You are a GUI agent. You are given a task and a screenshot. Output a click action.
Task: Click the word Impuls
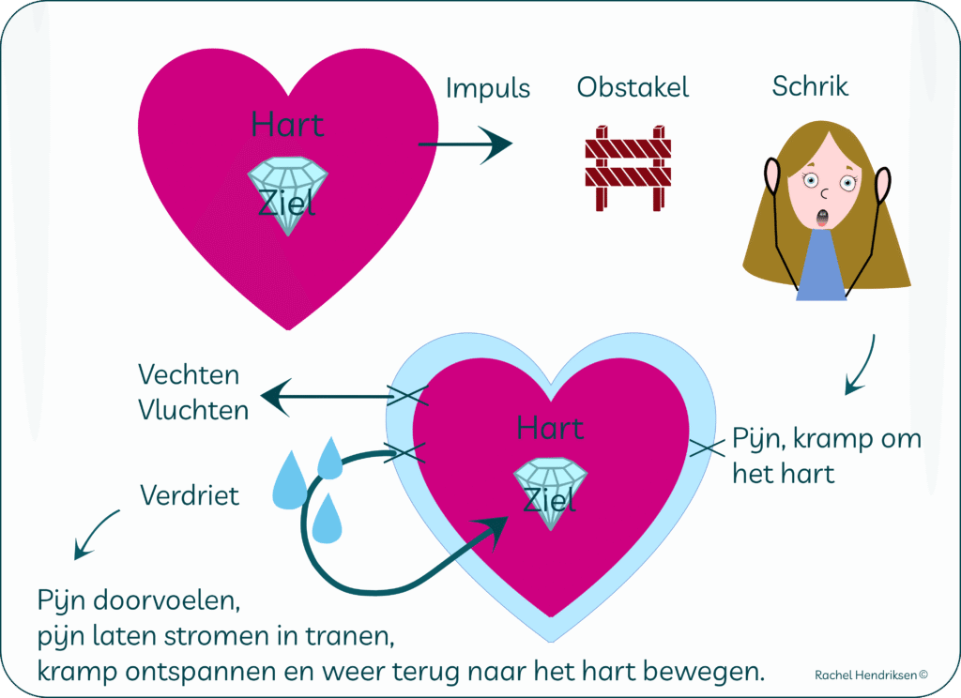click(x=487, y=89)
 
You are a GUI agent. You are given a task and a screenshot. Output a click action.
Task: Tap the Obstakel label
click(x=633, y=88)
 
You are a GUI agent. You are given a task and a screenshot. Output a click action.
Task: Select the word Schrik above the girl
click(x=810, y=86)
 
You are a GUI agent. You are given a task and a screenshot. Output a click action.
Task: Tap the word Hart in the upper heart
click(x=287, y=126)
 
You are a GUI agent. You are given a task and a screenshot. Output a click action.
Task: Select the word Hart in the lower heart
click(x=550, y=429)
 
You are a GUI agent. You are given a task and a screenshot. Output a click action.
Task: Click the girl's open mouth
click(x=823, y=219)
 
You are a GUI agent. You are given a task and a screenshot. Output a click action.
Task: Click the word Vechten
click(x=189, y=375)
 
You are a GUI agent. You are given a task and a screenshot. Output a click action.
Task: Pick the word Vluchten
click(x=193, y=410)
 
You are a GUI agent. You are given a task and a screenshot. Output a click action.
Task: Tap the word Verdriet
click(x=190, y=494)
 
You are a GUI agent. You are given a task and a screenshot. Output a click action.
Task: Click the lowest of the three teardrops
click(x=327, y=521)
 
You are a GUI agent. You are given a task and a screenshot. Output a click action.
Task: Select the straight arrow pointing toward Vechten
click(x=328, y=397)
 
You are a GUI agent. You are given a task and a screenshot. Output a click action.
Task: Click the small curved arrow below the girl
click(x=861, y=366)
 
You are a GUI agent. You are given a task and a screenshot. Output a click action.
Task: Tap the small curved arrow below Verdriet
click(x=96, y=536)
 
